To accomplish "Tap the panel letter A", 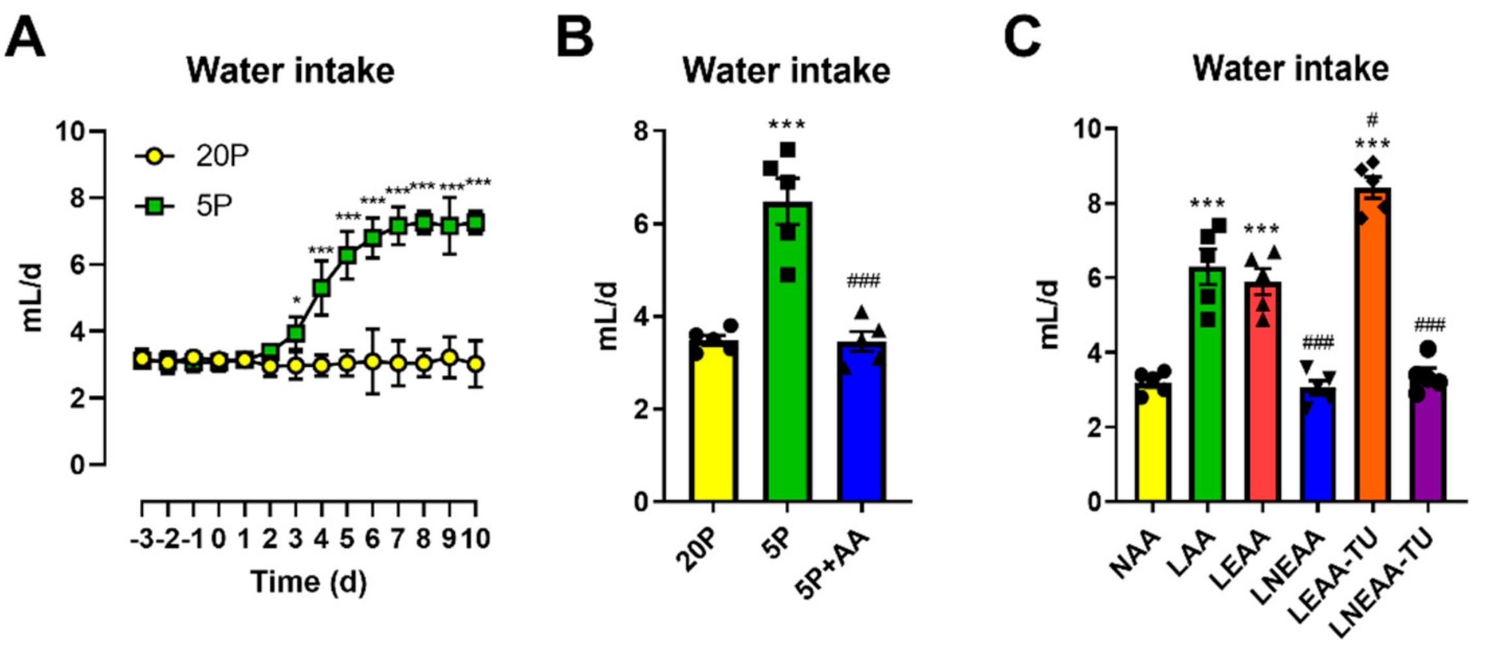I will point(25,38).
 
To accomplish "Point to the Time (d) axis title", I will point(309,582).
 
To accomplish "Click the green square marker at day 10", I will point(476,223).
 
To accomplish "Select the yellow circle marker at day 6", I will point(373,361).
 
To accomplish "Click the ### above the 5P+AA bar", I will point(863,281).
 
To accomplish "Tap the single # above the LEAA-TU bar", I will point(1372,120).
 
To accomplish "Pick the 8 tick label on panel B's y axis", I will point(642,131).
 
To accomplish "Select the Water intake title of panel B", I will point(786,71).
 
